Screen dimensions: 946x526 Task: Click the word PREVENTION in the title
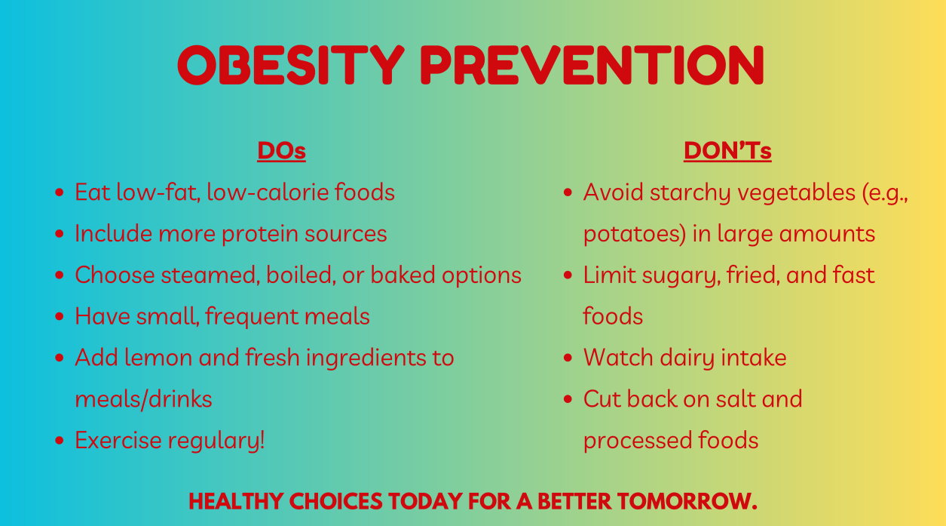pos(592,65)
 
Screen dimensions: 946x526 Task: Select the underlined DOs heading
pos(282,151)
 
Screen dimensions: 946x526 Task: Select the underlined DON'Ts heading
pos(727,151)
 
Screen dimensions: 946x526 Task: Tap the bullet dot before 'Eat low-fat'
pos(59,192)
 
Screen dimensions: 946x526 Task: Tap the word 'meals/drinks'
pos(143,399)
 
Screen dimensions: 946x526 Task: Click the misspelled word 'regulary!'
pos(216,441)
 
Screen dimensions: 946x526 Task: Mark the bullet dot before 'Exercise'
pos(59,441)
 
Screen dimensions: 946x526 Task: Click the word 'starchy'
pos(690,192)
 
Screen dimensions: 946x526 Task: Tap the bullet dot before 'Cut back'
pos(568,399)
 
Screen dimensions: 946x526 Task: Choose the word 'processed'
pos(637,441)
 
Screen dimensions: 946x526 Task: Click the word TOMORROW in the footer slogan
pos(687,502)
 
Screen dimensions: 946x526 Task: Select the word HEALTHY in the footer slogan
pos(236,502)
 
